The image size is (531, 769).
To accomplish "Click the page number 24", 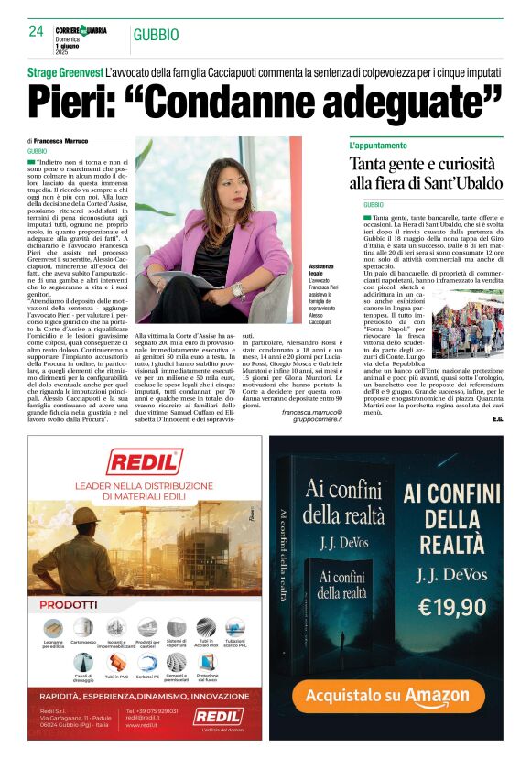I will click(36, 31).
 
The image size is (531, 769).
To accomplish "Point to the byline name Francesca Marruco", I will click(73, 140).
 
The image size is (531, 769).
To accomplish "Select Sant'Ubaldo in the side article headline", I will click(458, 183).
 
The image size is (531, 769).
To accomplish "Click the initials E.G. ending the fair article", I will click(496, 419).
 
